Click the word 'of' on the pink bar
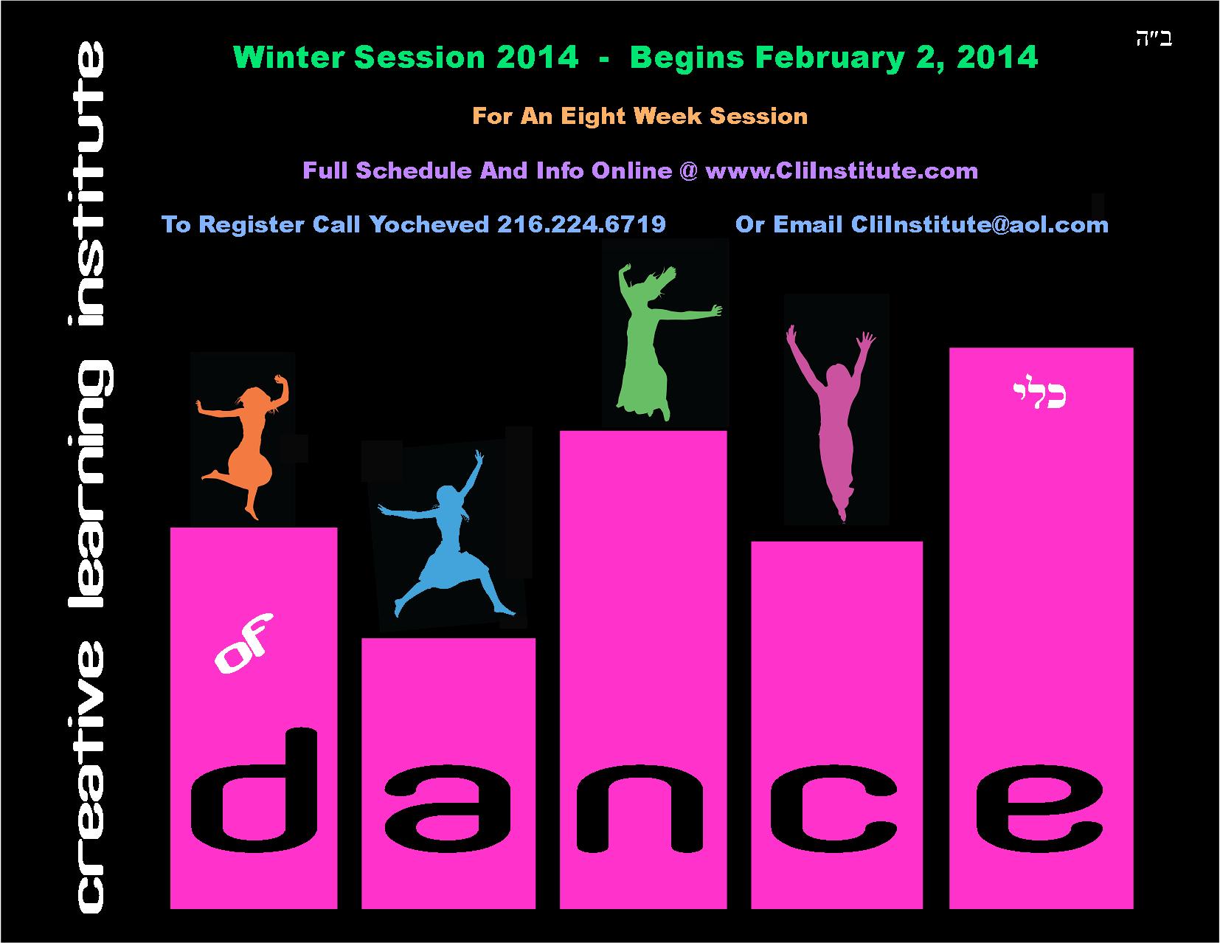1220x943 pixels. pyautogui.click(x=243, y=643)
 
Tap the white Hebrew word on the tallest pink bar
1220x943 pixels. pyautogui.click(x=1040, y=392)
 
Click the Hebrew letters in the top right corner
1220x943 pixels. pyautogui.click(x=1154, y=39)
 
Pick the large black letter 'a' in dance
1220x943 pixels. pyautogui.click(x=448, y=809)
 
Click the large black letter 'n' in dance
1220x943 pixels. pyautogui.click(x=640, y=809)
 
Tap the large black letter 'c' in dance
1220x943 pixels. pyautogui.click(x=833, y=809)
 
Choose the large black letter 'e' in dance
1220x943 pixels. pyautogui.click(x=1039, y=809)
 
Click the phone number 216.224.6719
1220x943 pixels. pyautogui.click(x=582, y=224)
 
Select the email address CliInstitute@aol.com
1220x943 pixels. pyautogui.click(x=980, y=224)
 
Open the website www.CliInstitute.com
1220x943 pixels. pyautogui.click(x=842, y=170)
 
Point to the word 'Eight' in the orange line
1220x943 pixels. pyautogui.click(x=594, y=117)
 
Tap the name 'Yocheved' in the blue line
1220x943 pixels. pyautogui.click(x=429, y=224)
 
